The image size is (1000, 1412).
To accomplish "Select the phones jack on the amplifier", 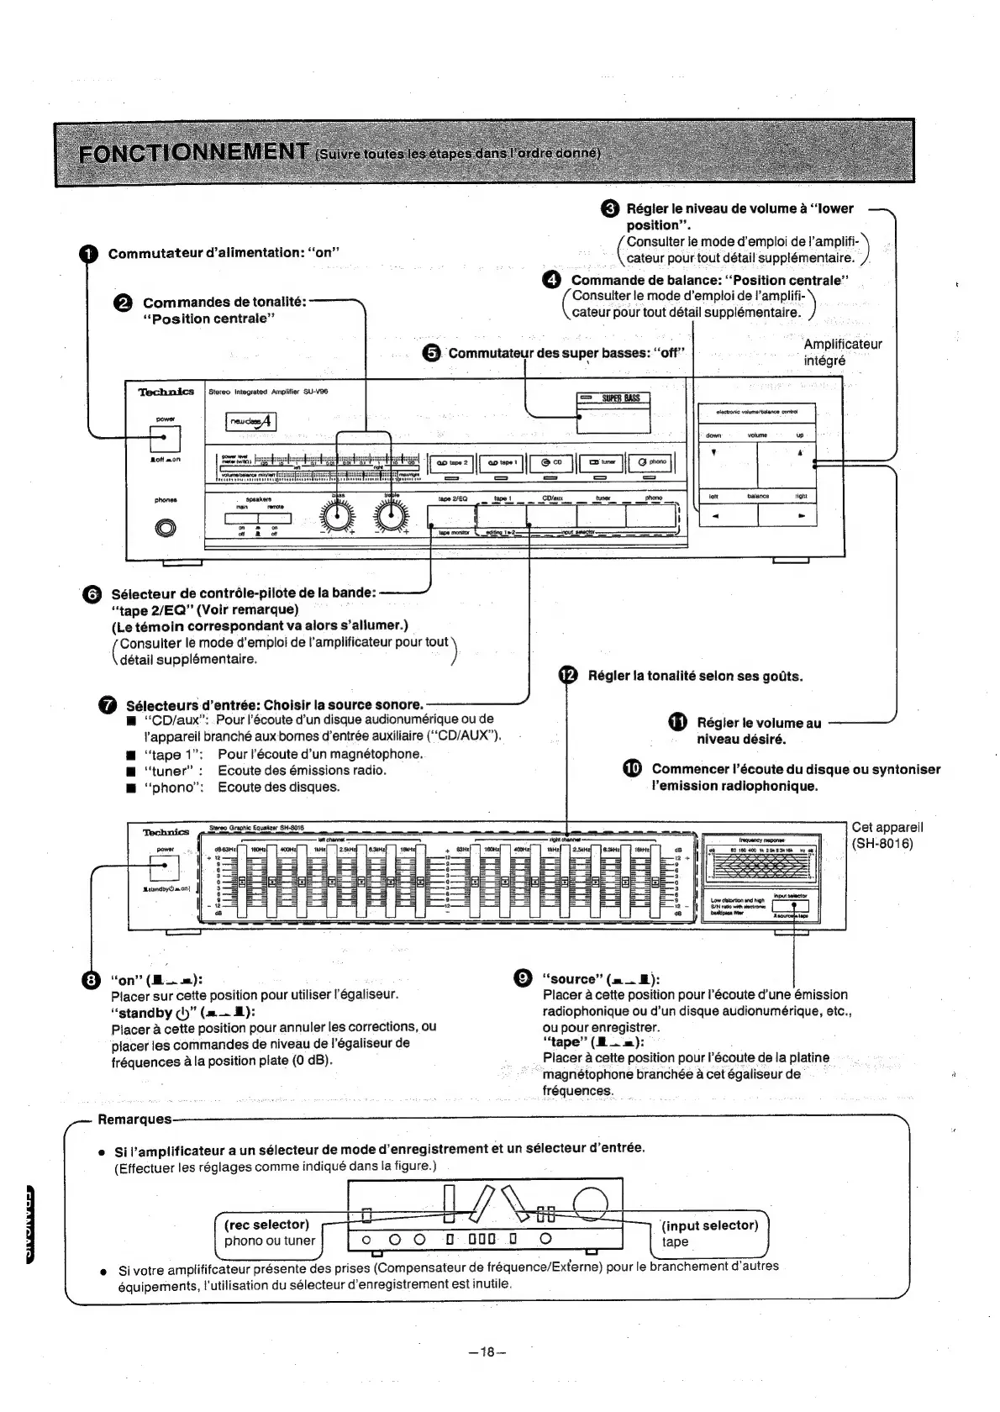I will click(166, 528).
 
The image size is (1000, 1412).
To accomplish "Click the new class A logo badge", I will click(251, 422).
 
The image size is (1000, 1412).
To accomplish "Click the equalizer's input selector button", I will click(794, 906).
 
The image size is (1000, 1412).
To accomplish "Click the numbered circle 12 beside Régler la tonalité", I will click(569, 676).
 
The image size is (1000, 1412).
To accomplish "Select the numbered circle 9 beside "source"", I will click(522, 977).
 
